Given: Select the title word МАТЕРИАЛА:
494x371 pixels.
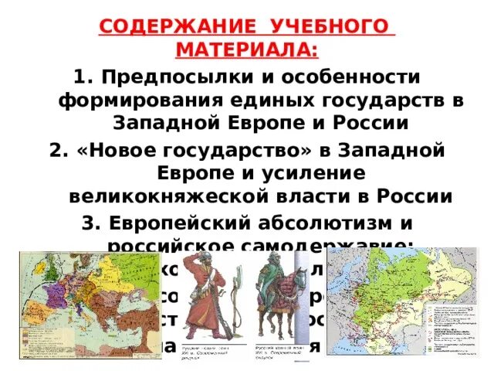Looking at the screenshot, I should tap(246, 51).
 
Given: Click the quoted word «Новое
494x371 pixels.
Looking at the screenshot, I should tap(125, 150).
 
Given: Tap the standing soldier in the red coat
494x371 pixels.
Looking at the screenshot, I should tap(212, 305).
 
